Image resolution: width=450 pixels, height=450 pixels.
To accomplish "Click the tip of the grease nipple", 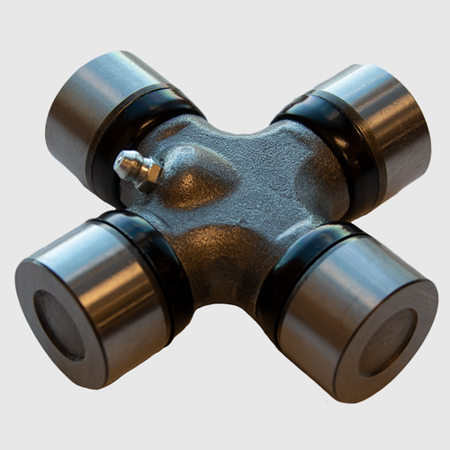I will pos(121,161).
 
